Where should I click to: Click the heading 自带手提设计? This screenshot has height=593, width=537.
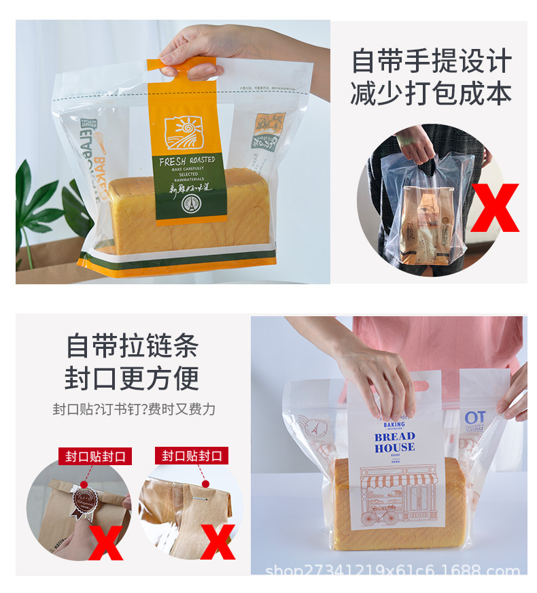[431, 61]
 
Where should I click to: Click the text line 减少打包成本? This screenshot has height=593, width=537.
[431, 94]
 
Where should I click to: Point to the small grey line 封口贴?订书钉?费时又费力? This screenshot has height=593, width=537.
[134, 409]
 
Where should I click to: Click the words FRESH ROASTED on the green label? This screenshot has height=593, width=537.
[187, 161]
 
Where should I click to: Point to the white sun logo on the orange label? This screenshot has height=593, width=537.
[188, 132]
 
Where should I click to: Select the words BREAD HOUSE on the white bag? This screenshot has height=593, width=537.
[394, 441]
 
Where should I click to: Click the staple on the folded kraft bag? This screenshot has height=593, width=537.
[204, 484]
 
